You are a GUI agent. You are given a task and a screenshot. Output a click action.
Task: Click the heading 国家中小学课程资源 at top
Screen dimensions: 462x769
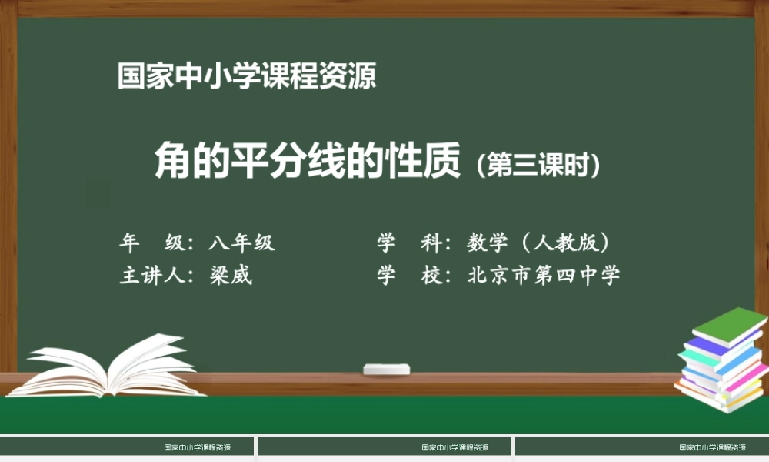pos(247,76)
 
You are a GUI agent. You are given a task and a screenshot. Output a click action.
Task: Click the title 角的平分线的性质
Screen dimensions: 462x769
pos(308,160)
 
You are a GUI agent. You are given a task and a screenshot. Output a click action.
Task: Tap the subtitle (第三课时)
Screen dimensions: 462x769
pos(538,165)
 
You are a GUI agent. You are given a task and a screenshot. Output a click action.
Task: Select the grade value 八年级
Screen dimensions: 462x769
pos(241,243)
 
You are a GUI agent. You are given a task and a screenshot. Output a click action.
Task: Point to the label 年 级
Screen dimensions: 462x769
pos(151,243)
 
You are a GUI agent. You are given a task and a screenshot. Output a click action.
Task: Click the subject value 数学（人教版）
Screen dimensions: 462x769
pos(539,243)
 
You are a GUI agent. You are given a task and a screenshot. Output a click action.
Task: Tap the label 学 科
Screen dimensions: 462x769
pos(410,243)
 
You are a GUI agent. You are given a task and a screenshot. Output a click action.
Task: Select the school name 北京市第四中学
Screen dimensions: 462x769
pos(543,276)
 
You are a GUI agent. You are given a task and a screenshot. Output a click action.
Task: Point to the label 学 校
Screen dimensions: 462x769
pos(410,276)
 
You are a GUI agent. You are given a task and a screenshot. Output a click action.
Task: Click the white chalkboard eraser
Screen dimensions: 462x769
pos(387,370)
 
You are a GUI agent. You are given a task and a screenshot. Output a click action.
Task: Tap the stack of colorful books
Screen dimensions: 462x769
pos(721,362)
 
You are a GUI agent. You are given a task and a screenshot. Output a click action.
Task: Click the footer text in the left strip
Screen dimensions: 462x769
pos(198,447)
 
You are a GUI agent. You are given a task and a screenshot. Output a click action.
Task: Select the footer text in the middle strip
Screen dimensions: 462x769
pos(455,447)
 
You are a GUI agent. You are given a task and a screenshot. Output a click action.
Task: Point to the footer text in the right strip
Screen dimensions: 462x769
pos(713,447)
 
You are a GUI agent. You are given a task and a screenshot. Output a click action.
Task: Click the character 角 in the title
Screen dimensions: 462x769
pos(172,160)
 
